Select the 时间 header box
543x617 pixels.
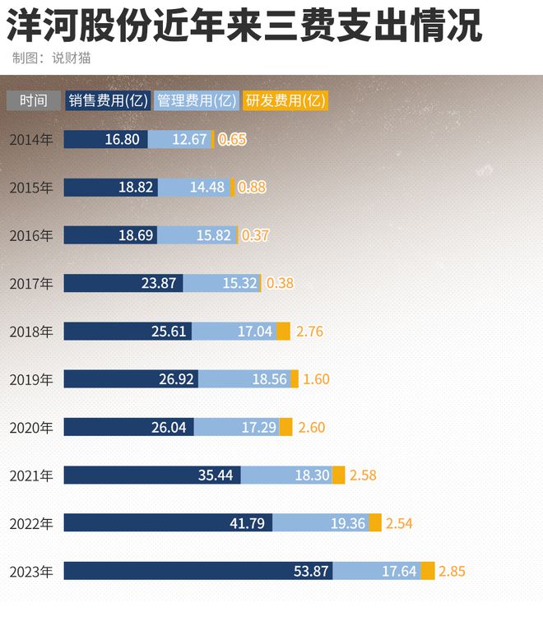click(x=34, y=100)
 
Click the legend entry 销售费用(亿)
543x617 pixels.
click(x=108, y=100)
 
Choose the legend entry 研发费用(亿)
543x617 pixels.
click(x=285, y=100)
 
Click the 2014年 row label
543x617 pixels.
click(x=31, y=139)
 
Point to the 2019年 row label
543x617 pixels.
click(x=31, y=379)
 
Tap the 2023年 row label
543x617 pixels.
click(x=31, y=572)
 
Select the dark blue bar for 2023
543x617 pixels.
click(x=198, y=571)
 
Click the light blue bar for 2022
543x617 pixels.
click(x=320, y=523)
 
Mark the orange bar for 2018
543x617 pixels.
click(x=283, y=332)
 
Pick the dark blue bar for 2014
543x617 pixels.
click(x=105, y=139)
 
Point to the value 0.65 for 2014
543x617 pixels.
click(x=233, y=139)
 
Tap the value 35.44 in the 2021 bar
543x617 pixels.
click(x=216, y=476)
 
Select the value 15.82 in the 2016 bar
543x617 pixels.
click(x=212, y=235)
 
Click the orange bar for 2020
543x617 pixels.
click(x=285, y=428)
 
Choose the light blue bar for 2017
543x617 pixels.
click(x=221, y=283)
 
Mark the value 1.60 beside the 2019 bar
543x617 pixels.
click(x=316, y=379)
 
